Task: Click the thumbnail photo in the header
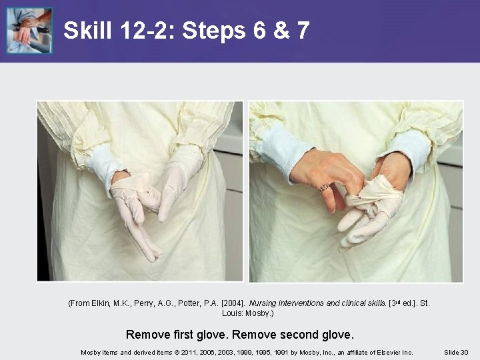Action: tap(29, 30)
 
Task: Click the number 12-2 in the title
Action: tap(147, 30)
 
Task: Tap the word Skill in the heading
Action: tap(88, 30)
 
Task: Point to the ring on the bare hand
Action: tap(325, 187)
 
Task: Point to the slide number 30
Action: tap(465, 353)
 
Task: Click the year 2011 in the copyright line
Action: tap(187, 353)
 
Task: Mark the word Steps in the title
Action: tap(214, 30)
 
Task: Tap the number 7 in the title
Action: tap(303, 30)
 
